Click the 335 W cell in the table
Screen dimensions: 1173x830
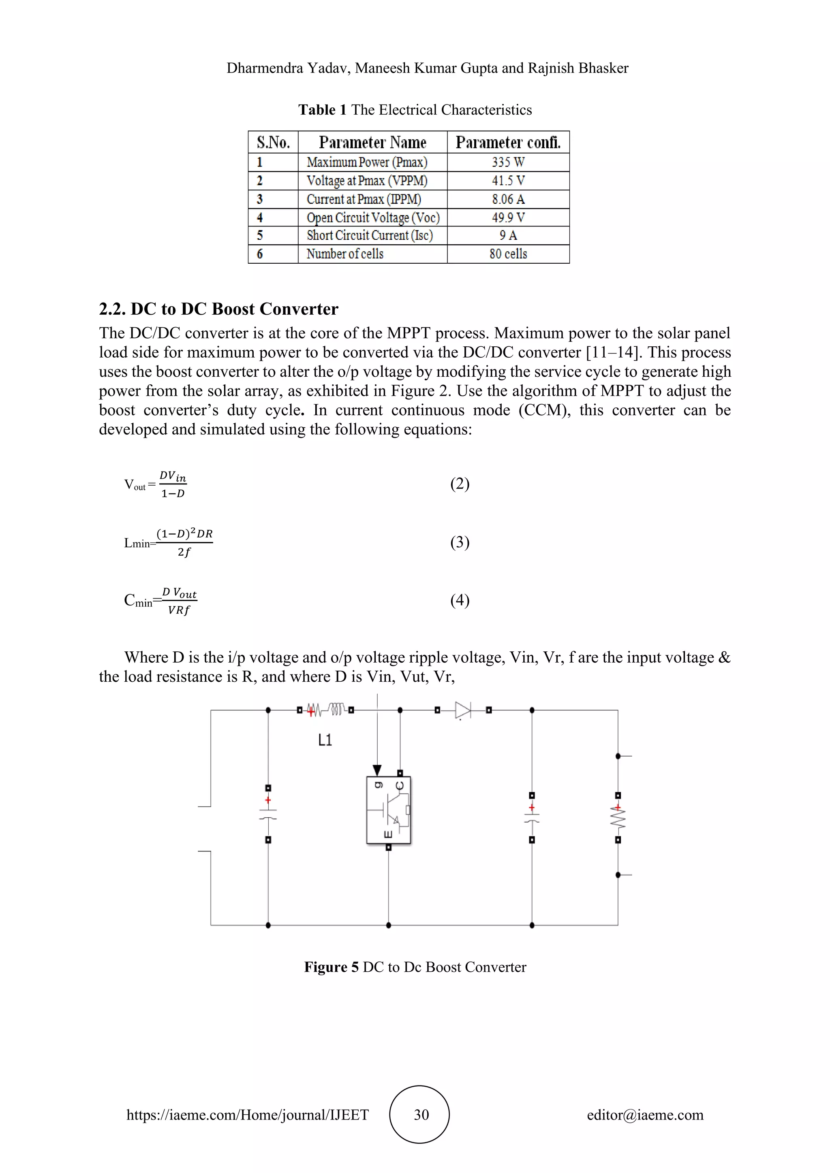(x=508, y=162)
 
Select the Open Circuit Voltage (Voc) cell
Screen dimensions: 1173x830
(x=372, y=218)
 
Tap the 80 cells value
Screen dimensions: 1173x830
(x=508, y=254)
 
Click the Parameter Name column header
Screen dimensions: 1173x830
(x=372, y=142)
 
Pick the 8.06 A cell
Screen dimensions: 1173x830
(x=508, y=199)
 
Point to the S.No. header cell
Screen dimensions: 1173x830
(x=273, y=142)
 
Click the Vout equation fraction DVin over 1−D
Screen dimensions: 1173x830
(x=173, y=484)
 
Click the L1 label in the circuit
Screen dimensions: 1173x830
(x=325, y=740)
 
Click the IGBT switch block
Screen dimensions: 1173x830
(x=388, y=810)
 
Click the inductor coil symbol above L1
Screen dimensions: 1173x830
(x=336, y=710)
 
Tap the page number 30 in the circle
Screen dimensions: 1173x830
(x=421, y=1114)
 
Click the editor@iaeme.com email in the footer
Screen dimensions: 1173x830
(x=645, y=1114)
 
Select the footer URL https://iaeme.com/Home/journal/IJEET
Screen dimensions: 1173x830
(x=247, y=1114)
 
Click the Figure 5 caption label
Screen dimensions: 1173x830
(x=331, y=967)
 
